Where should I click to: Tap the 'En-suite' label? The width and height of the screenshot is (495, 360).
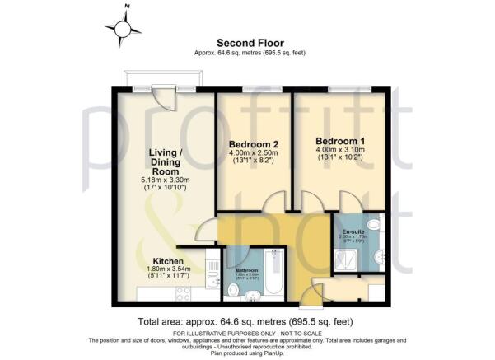click(355, 231)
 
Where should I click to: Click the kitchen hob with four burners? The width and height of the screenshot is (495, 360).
click(184, 292)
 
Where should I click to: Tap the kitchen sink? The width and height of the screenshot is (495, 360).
click(212, 282)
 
